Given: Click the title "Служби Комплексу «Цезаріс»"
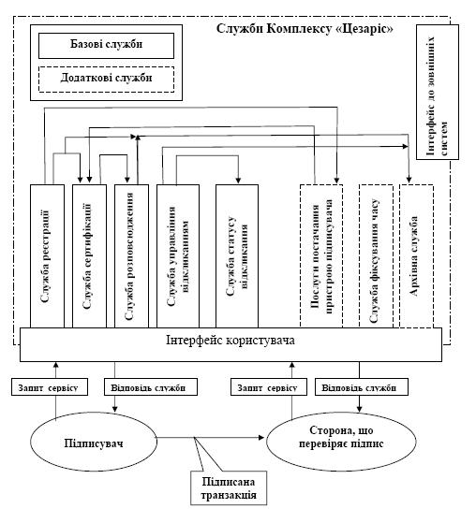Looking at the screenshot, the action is (305, 29).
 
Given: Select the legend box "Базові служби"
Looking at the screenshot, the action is (106, 46).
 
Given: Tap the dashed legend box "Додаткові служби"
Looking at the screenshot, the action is (106, 80).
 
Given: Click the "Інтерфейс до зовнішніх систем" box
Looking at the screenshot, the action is (438, 92).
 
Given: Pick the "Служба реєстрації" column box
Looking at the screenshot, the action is (47, 256).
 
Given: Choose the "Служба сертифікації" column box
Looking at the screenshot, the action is (90, 256).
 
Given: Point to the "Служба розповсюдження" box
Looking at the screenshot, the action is (131, 256).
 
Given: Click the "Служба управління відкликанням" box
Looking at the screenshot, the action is (178, 256).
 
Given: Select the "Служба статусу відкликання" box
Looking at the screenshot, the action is (237, 256).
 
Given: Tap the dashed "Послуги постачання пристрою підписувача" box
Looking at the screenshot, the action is (321, 256).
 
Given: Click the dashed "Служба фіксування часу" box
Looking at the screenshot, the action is (376, 256).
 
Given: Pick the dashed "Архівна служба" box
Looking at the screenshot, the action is (417, 256).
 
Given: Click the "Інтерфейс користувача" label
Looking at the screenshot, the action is (231, 341).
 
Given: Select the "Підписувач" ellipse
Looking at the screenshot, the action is (94, 442).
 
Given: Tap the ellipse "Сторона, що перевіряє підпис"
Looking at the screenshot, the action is (341, 442).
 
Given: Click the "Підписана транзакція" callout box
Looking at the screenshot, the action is (229, 487).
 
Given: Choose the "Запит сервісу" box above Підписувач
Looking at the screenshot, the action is (50, 387).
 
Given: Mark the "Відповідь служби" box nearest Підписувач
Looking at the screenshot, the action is (151, 387).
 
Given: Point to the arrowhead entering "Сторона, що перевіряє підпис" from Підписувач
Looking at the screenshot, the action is (262, 437).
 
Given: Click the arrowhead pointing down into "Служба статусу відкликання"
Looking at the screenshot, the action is (238, 181).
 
